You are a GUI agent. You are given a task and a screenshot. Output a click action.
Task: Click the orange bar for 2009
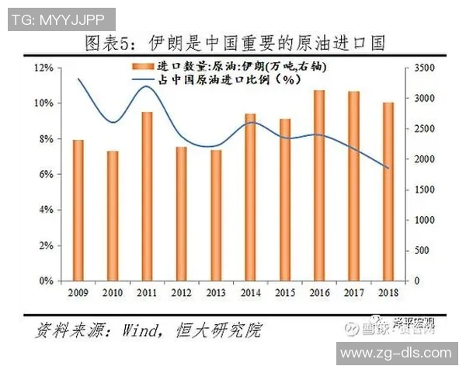[78, 210]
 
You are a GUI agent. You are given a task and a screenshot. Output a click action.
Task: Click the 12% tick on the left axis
[44, 68]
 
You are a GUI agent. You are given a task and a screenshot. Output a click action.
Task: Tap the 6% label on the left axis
[47, 175]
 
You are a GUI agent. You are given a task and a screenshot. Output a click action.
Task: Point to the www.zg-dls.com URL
[396, 354]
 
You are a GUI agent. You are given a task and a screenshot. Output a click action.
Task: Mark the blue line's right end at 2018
[388, 168]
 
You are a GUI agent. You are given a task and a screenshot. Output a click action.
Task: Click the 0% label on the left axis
[47, 281]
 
